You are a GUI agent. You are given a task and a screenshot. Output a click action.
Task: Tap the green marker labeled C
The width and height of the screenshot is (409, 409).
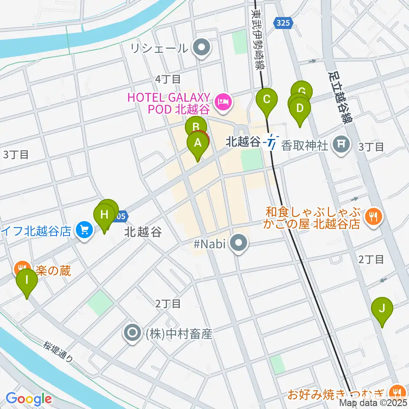pos(267,100)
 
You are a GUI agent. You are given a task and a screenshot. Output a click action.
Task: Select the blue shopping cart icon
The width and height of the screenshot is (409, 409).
pos(84,230)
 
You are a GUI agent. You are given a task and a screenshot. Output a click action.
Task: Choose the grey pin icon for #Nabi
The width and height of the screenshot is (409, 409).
pos(238,244)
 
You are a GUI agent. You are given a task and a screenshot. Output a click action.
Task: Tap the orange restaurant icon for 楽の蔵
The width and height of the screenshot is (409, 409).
pos(20,269)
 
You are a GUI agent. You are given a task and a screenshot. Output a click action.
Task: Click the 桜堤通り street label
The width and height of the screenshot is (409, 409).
pos(58,352)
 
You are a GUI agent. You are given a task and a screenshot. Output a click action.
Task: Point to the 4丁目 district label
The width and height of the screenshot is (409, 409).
pos(168,79)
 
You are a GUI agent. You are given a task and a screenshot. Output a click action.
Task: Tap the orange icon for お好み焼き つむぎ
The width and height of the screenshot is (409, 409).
pos(398,391)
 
